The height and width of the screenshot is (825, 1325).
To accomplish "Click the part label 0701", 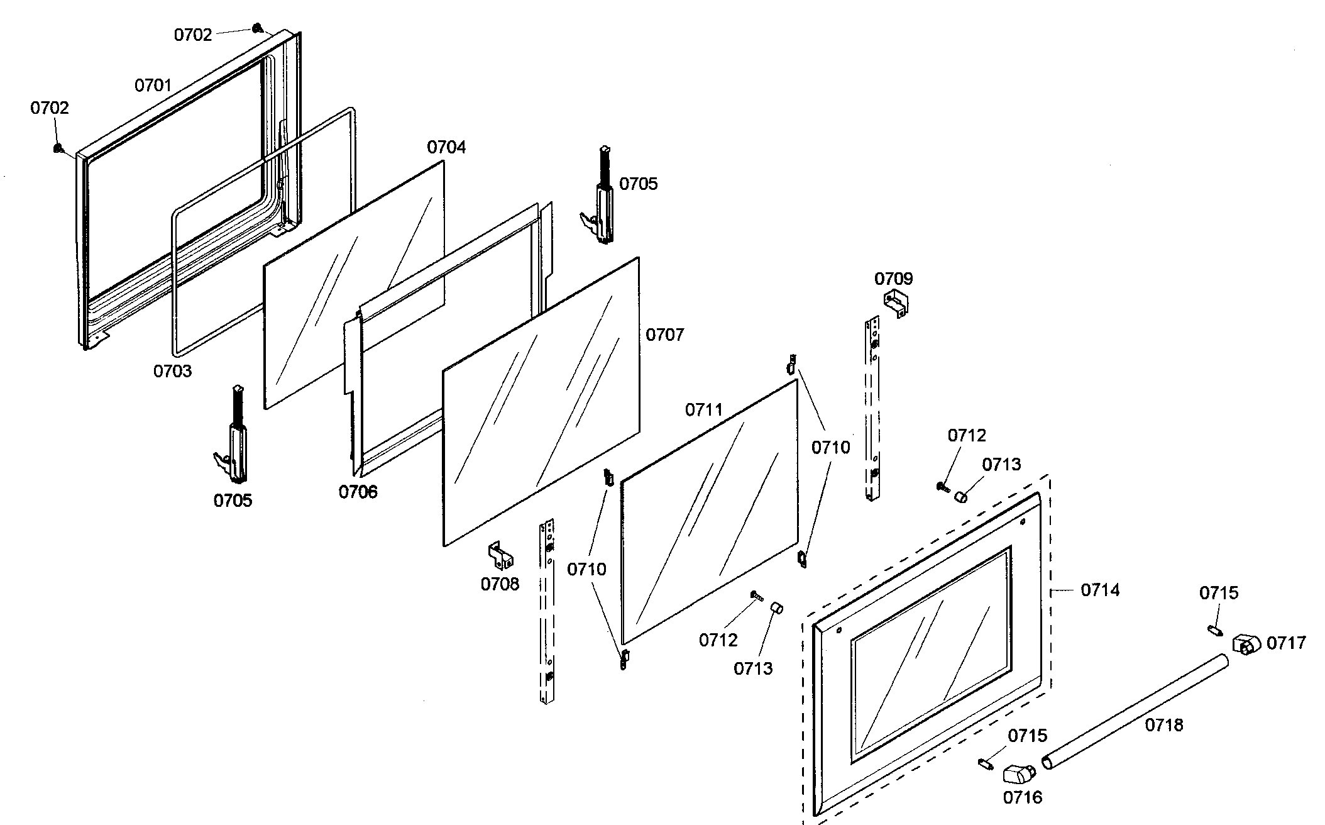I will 153,86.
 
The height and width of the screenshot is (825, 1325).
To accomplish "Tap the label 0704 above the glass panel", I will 446,147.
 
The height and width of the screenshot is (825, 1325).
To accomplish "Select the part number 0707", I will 664,335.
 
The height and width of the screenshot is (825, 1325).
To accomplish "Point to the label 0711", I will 704,410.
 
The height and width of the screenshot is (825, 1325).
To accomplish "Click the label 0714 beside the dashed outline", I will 1100,590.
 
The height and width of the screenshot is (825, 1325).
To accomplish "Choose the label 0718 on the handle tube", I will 1163,725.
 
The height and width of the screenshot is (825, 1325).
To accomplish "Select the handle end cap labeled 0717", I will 1246,645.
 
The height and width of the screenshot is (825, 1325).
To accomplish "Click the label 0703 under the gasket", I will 172,371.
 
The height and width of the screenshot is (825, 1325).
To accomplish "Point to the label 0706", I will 358,492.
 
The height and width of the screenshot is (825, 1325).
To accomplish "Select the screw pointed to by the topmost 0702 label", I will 256,28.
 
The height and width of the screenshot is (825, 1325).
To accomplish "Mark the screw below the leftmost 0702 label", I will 58,148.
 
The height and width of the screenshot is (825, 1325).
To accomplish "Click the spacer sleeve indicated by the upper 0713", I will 960,497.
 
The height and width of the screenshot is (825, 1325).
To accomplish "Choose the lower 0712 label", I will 718,640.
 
